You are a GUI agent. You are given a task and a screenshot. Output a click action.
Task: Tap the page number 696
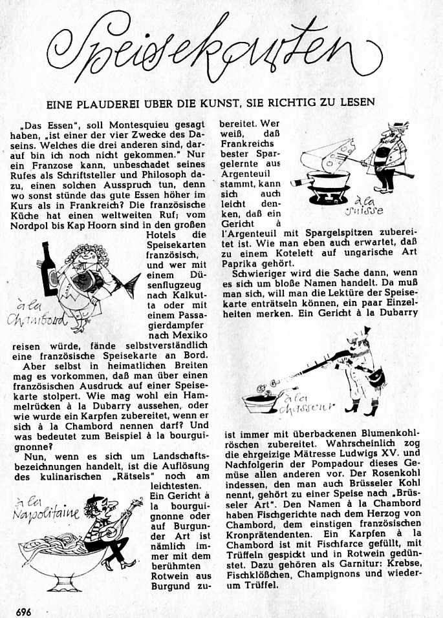coord(25,610)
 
